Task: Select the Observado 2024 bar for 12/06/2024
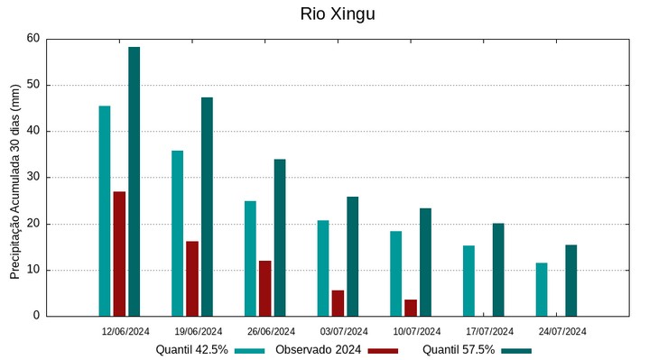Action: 119,254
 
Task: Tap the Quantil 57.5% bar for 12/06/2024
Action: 134,181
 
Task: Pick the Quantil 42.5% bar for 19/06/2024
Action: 177,233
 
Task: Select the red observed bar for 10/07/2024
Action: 411,308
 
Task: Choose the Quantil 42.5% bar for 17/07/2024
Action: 468,281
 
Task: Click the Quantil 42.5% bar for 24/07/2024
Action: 542,289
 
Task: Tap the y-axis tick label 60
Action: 33,39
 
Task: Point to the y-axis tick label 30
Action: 33,178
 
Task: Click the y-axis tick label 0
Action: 36,316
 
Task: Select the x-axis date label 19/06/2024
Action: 199,331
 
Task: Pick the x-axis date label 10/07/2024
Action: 417,331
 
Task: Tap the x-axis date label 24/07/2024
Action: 562,331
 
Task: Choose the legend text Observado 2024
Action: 319,350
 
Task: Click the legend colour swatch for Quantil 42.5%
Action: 250,350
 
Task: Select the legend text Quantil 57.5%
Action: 459,350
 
